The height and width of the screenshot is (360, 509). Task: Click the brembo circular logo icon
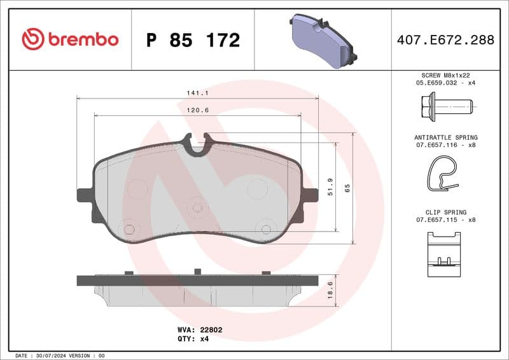coord(33,39)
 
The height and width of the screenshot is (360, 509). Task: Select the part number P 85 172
coord(193,40)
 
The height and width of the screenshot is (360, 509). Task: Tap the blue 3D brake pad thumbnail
coord(322,41)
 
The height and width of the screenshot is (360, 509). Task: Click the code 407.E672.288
coord(445,40)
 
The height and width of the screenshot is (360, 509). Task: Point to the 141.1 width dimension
coord(193,93)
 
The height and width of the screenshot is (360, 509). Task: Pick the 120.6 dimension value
coord(197,110)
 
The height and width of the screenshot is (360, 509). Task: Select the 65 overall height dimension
coord(347,188)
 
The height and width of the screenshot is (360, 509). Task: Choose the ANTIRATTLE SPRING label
coord(445,137)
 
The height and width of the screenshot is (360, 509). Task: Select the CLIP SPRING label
coord(445,212)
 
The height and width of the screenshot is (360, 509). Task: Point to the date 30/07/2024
coord(50,355)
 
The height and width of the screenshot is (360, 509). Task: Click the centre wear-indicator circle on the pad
coord(197,207)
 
